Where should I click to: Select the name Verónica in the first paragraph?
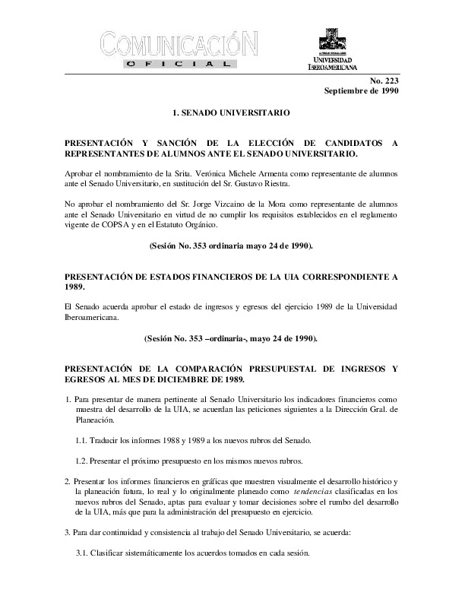click(x=223, y=174)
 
